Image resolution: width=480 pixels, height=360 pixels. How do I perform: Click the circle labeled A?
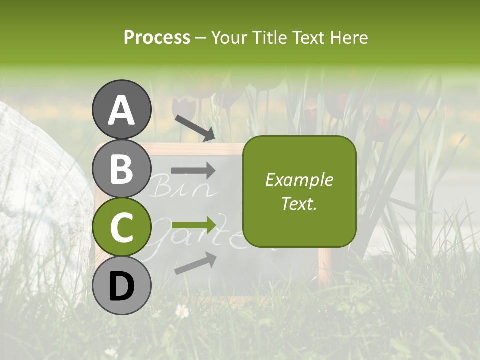tap(121, 109)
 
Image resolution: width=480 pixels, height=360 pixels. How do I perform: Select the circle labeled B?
tap(121, 169)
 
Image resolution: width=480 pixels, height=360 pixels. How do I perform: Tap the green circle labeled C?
tap(121, 227)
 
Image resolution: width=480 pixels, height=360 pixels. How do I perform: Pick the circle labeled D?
tap(121, 286)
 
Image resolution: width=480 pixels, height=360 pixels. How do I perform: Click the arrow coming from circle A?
tap(194, 128)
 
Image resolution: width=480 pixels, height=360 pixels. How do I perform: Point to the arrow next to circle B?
tap(193, 171)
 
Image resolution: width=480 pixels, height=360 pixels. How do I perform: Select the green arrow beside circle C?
tap(193, 223)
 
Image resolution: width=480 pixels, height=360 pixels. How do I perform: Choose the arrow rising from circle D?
tap(195, 263)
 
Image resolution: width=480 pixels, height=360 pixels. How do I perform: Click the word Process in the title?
tap(157, 37)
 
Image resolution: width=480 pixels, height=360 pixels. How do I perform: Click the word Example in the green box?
tap(299, 180)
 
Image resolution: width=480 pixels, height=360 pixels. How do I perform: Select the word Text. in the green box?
tap(299, 203)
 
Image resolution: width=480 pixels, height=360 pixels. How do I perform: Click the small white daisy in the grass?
tap(182, 311)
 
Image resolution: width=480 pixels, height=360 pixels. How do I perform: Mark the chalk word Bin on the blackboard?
tap(168, 188)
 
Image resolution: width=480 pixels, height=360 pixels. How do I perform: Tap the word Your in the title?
tap(230, 37)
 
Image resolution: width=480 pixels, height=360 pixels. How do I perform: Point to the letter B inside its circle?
tap(121, 169)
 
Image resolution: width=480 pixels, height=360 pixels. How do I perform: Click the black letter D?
tap(121, 286)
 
